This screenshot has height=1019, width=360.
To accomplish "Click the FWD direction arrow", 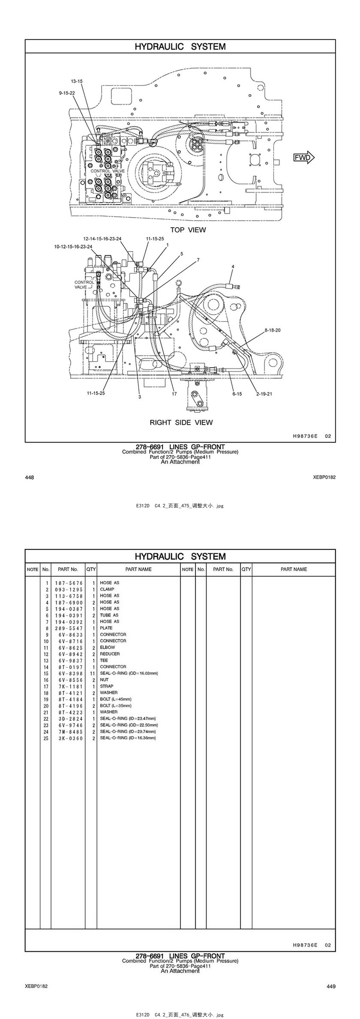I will click(304, 157).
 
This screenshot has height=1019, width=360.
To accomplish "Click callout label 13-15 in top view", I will click(77, 81).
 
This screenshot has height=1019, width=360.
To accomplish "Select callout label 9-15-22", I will click(67, 93).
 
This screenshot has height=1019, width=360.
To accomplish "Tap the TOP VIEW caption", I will click(188, 230).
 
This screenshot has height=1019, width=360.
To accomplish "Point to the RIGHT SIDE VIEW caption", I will click(181, 422).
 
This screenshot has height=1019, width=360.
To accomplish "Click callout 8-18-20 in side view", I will click(273, 330).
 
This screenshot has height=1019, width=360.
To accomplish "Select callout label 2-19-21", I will click(264, 393).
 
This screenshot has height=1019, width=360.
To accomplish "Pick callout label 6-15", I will click(237, 393).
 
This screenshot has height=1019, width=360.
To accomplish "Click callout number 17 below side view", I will click(174, 393).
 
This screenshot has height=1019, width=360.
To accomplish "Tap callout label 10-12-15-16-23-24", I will click(73, 246).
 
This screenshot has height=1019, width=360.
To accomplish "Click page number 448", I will click(30, 477).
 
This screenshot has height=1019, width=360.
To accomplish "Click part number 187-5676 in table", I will click(69, 583).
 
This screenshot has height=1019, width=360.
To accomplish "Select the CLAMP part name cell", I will click(107, 589).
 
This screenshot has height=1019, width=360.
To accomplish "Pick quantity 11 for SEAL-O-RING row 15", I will click(92, 673).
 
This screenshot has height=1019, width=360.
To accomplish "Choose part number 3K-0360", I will click(69, 738).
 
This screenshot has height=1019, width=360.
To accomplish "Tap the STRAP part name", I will click(107, 686).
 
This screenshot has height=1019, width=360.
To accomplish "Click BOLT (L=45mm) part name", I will click(116, 699).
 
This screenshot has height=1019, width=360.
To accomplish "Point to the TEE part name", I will click(104, 660).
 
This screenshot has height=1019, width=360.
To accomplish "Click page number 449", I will click(331, 986).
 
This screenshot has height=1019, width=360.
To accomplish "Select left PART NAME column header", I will click(138, 569).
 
